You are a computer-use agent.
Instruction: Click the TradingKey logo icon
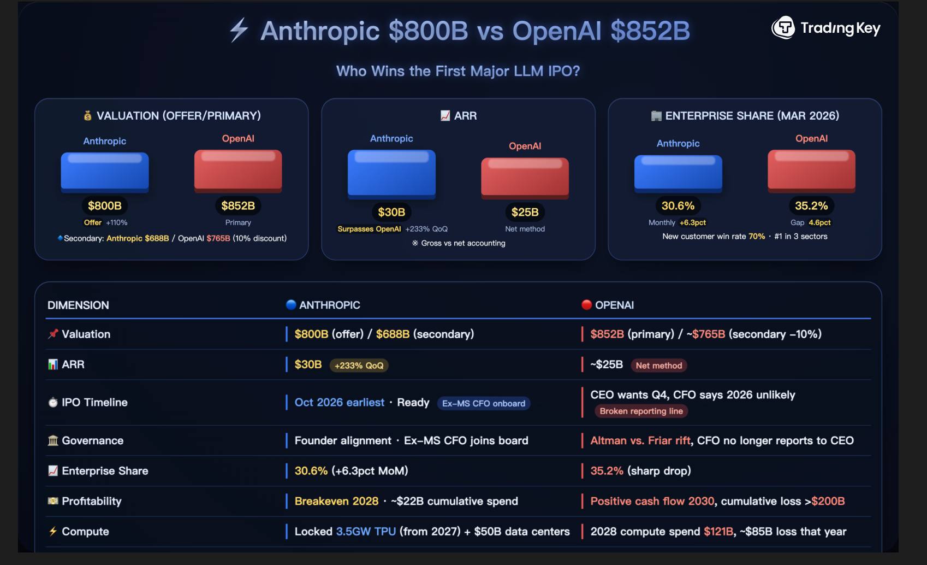783,27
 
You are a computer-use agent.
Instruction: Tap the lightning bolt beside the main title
239,30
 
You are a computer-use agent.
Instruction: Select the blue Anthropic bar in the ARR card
391,172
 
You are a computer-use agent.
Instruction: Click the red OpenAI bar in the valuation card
238,170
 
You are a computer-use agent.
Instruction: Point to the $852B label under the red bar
238,206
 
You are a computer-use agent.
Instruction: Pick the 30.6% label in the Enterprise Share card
678,206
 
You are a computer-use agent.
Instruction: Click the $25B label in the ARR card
525,212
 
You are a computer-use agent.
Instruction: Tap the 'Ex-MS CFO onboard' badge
484,403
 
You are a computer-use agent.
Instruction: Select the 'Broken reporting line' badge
641,411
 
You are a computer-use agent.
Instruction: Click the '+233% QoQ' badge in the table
359,366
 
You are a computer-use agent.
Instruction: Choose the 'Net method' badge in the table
658,366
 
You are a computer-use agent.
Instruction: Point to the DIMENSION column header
78,305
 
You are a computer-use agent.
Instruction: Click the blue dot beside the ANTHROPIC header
291,305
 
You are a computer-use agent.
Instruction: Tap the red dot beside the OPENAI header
587,305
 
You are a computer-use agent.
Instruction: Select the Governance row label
92,440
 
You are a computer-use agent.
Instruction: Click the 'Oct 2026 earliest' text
340,403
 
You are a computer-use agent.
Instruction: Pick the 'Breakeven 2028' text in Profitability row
336,501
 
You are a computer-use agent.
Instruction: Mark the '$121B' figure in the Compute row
718,532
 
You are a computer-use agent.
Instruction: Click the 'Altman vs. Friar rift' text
640,440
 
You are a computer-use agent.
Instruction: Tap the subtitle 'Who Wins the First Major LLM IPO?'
458,71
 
